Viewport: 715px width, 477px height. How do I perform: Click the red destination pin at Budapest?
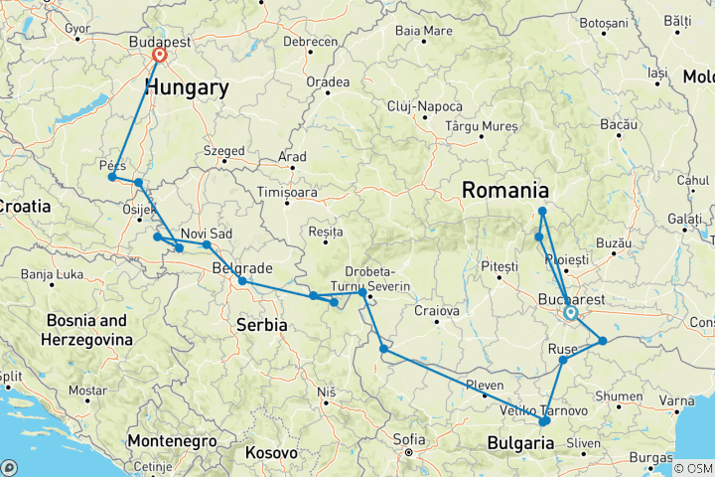click(x=159, y=57)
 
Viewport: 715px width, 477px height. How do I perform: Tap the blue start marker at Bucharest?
click(x=572, y=314)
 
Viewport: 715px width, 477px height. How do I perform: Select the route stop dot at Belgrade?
click(x=242, y=281)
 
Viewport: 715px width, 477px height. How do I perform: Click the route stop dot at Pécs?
click(x=111, y=177)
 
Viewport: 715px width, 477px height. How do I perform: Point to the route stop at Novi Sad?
click(x=207, y=244)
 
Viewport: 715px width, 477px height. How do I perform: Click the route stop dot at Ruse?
click(x=563, y=360)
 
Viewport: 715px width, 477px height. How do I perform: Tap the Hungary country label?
click(x=187, y=88)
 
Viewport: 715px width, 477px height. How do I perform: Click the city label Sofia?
click(x=408, y=439)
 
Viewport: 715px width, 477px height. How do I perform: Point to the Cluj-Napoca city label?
click(x=425, y=106)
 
